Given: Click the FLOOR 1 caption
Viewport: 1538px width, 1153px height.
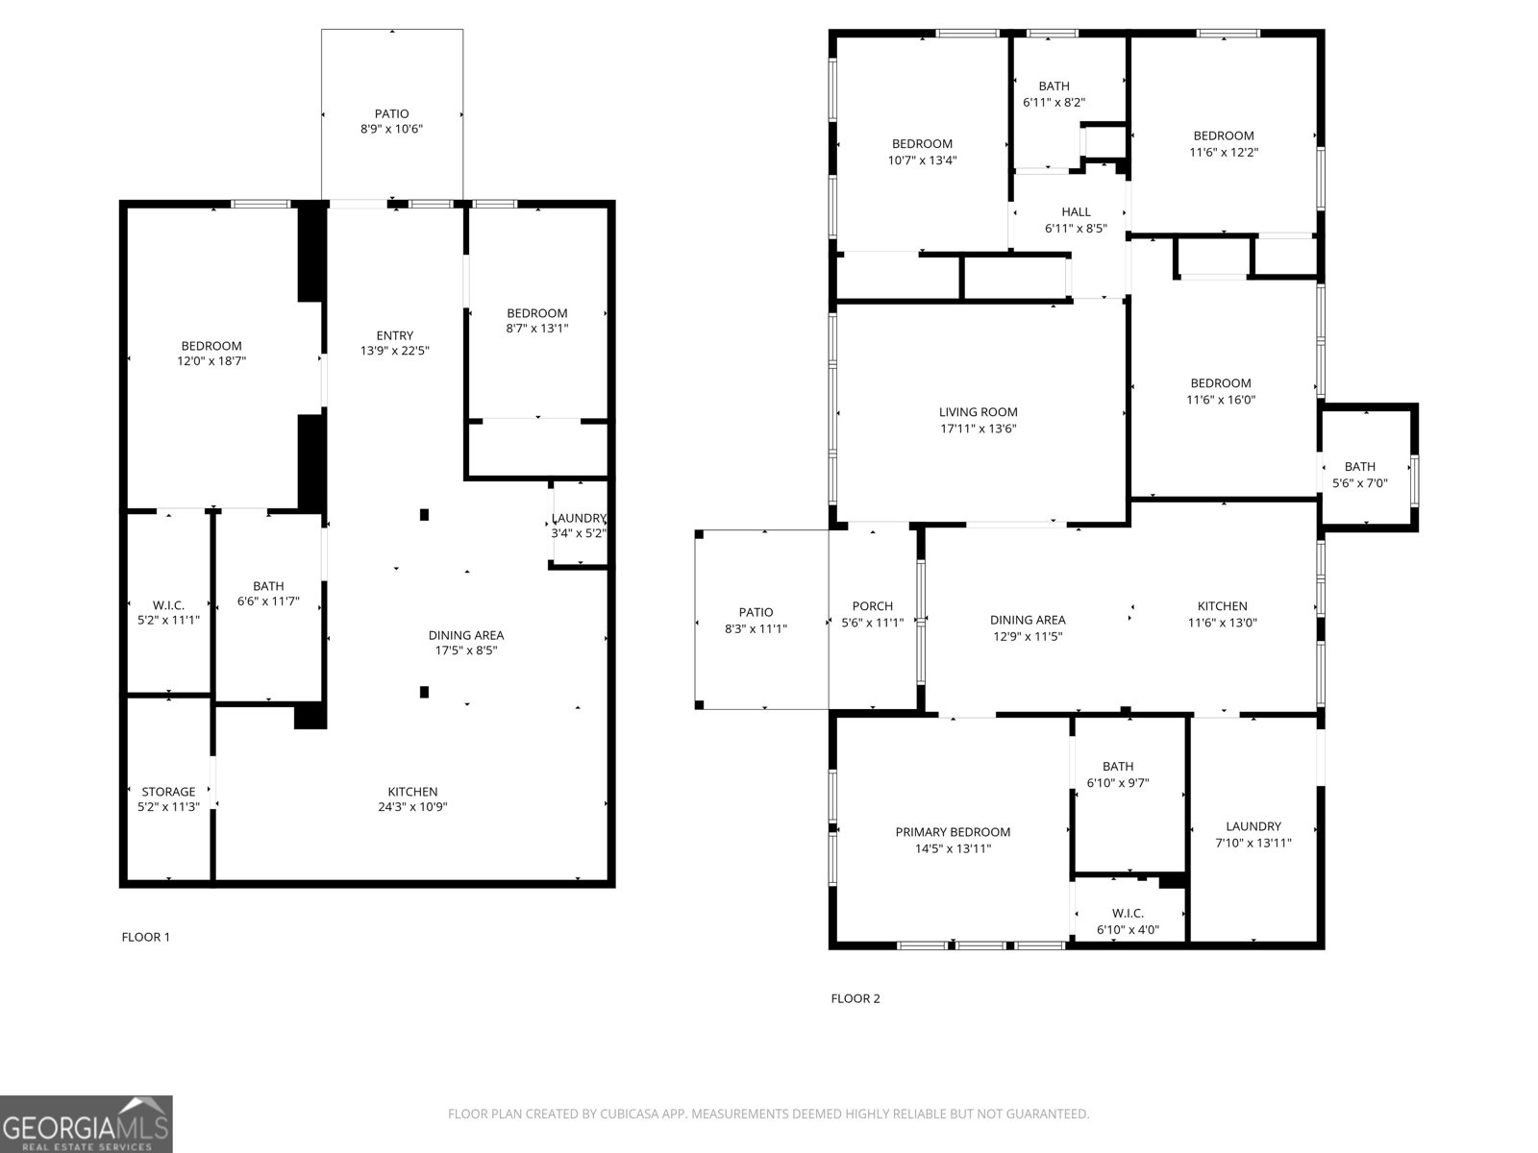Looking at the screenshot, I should point(145,937).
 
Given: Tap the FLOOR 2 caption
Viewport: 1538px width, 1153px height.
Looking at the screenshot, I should point(855,998).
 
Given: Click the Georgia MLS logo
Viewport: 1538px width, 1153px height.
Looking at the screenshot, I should point(86,1124).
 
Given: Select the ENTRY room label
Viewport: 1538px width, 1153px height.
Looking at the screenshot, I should point(394,335).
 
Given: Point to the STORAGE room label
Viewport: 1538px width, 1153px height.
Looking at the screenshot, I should point(168,792).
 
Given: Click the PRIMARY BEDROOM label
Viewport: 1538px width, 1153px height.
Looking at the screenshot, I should point(953,832).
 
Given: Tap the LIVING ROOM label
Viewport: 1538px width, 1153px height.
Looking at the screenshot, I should point(978,412).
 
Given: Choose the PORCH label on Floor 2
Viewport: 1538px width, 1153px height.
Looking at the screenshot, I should point(872,606).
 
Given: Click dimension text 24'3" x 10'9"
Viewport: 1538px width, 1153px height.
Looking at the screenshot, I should point(412,807).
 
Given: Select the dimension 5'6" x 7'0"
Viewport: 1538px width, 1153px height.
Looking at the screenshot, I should point(1359,483).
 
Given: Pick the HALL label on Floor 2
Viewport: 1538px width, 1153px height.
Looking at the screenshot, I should point(1076,212).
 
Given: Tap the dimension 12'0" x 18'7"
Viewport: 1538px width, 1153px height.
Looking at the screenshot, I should point(211,361).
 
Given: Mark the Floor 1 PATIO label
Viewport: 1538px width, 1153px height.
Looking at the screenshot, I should point(391,113).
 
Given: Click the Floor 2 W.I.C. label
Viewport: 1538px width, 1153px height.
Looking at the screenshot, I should point(1128,913).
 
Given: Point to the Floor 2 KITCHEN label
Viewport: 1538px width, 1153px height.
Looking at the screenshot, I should point(1222,606).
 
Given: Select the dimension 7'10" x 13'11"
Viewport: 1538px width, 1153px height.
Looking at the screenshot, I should point(1253,843).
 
